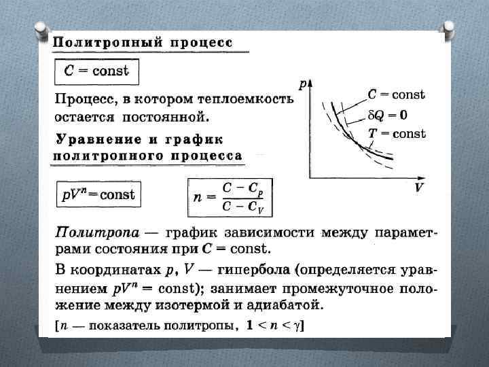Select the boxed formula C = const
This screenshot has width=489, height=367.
pyautogui.click(x=96, y=71)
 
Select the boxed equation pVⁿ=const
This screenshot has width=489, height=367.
pyautogui.click(x=98, y=195)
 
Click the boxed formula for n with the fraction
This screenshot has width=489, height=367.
pyautogui.click(x=227, y=197)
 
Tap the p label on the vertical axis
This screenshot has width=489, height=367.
pyautogui.click(x=302, y=86)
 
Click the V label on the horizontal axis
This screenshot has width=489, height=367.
pyautogui.click(x=420, y=188)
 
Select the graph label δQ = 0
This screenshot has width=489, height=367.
pyautogui.click(x=388, y=115)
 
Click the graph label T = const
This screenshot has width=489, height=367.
pyautogui.click(x=396, y=133)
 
